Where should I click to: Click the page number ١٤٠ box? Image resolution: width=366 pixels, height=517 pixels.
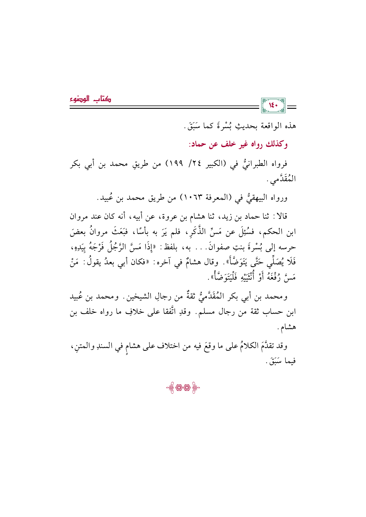(x=273, y=106)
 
